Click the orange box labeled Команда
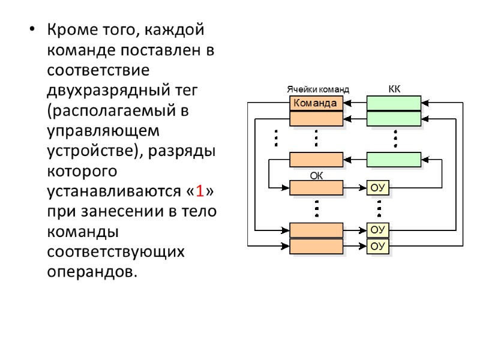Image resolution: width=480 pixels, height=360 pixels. tap(316, 103)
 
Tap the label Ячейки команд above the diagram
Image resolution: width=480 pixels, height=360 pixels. tap(317, 89)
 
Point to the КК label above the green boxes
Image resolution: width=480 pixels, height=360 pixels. tap(394, 89)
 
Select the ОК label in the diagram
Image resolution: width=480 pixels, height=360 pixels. tap(316, 176)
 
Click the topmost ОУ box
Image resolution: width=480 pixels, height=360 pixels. tap(377, 188)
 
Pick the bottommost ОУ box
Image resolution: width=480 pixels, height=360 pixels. tap(377, 246)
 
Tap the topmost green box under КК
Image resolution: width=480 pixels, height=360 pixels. tap(393, 103)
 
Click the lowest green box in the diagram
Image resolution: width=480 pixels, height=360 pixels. tap(393, 159)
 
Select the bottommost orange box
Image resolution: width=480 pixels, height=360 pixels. tap(316, 247)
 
